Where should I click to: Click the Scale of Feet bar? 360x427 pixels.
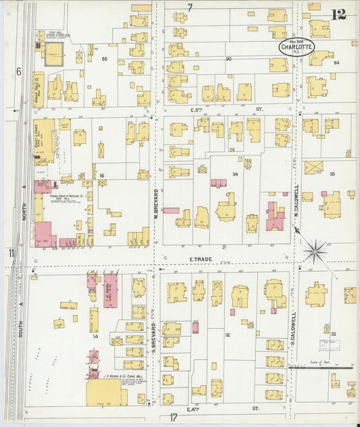point(322,368)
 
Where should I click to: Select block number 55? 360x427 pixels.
point(104,59)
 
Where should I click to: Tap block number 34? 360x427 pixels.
point(235,174)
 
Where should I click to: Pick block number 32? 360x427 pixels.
point(228,335)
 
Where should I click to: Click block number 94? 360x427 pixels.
point(336,62)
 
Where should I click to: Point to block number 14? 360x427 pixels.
point(95,336)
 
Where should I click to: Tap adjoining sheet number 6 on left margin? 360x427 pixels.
point(18,71)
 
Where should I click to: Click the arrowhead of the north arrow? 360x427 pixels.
point(296,230)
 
